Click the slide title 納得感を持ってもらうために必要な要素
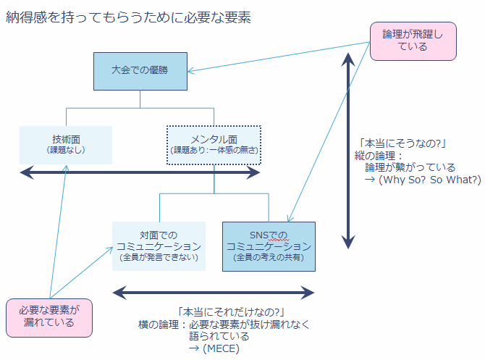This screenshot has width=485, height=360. [129, 18]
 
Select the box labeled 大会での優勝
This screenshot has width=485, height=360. [140, 71]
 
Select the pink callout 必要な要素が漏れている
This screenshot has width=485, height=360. [50, 316]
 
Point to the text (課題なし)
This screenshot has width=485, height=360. [66, 151]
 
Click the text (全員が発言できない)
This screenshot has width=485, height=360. [159, 257]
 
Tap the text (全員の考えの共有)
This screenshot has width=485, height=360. [269, 257]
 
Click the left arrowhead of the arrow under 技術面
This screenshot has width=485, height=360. [25, 172]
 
